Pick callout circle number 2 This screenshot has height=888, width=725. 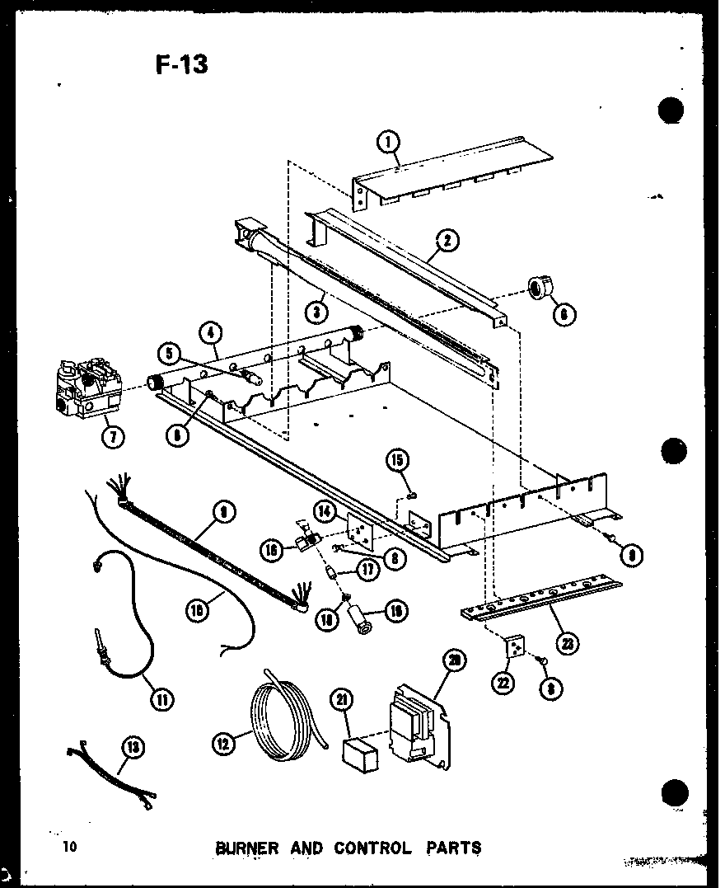click(447, 241)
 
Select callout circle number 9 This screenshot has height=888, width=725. click(222, 513)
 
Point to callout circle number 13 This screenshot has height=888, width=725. click(132, 748)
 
